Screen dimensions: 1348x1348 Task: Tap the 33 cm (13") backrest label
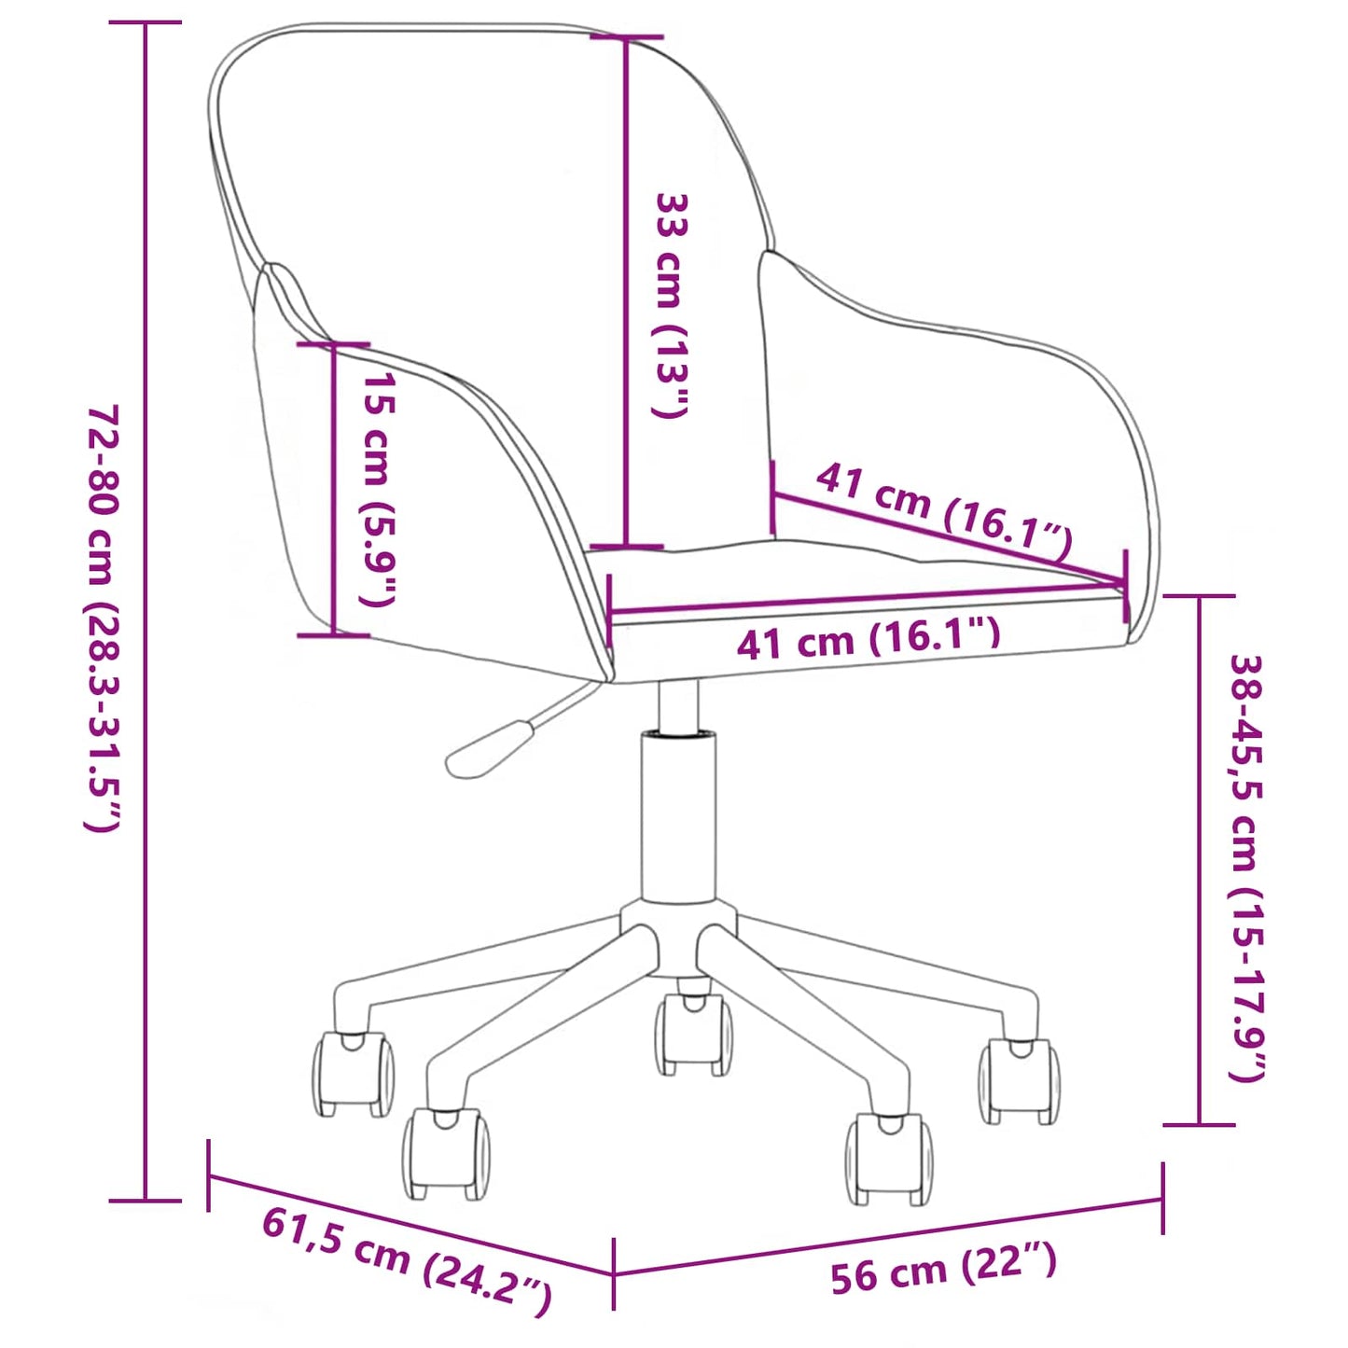(672, 306)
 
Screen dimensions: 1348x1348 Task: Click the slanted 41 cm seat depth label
(944, 513)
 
